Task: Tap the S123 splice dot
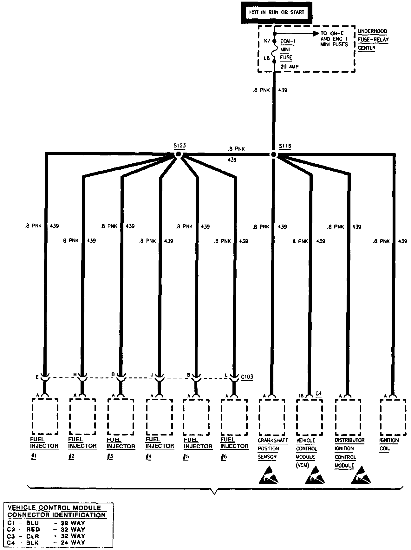pyautogui.click(x=178, y=154)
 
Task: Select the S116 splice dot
pyautogui.click(x=274, y=154)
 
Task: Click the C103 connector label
pyautogui.click(x=247, y=377)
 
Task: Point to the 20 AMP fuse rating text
pyautogui.click(x=289, y=67)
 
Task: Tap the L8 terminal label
pyautogui.click(x=267, y=58)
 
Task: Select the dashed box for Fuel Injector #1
pyautogui.click(x=44, y=416)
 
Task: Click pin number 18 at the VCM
pyautogui.click(x=301, y=396)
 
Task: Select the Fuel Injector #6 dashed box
pyautogui.click(x=234, y=416)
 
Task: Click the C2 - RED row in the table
pyautogui.click(x=46, y=529)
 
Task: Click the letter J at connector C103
pyautogui.click(x=152, y=375)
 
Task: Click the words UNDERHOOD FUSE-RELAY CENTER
pyautogui.click(x=373, y=40)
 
